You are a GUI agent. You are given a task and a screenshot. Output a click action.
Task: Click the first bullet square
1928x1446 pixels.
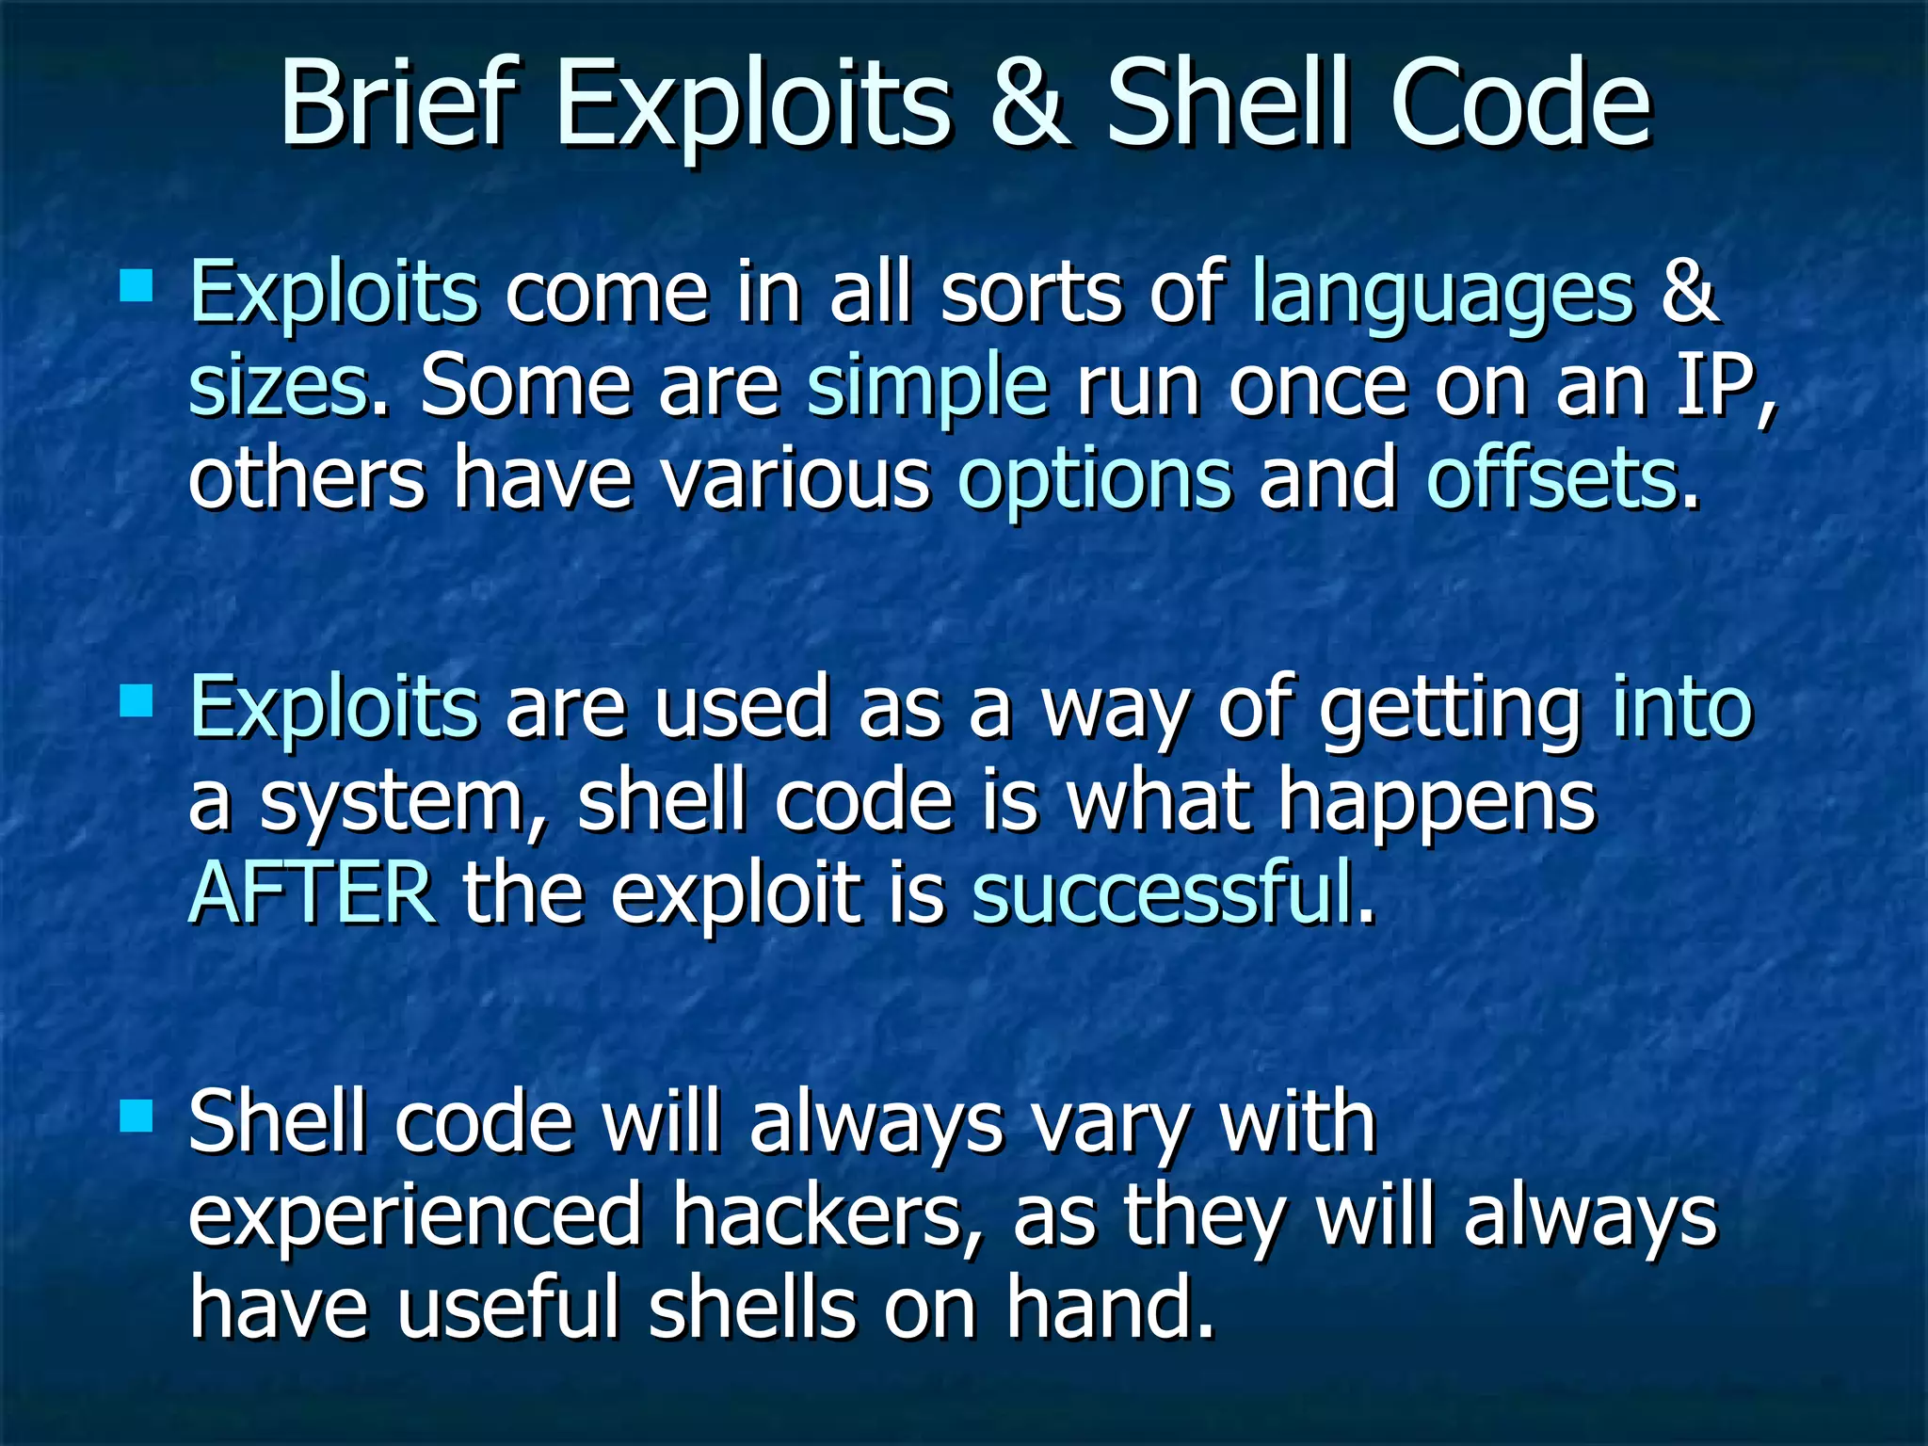tap(137, 284)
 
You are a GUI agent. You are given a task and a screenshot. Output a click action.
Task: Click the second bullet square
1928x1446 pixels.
tap(137, 699)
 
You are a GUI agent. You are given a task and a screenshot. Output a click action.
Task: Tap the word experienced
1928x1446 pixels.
tap(415, 1215)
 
